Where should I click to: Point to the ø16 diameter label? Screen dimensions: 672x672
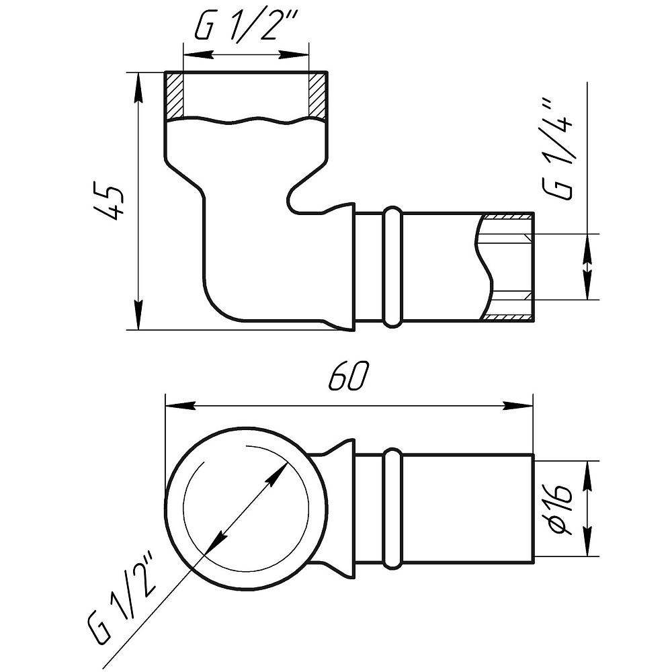coord(560,509)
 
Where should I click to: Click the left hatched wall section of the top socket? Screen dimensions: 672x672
coord(174,95)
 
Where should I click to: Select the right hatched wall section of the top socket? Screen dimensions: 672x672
coord(318,95)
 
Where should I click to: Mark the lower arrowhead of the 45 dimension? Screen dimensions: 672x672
coord(138,315)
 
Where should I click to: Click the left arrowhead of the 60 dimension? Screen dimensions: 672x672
coord(180,405)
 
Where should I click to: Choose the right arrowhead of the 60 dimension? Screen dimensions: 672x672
coord(517,405)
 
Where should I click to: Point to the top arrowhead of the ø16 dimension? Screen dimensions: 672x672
coord(587,476)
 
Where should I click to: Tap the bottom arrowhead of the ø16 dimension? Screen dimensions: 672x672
coord(587,542)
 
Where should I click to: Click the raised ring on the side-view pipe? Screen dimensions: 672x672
coord(392,267)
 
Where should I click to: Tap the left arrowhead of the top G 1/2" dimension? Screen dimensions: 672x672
coord(198,55)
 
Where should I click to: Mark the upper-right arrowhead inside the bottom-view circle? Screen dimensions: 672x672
coord(276,474)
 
